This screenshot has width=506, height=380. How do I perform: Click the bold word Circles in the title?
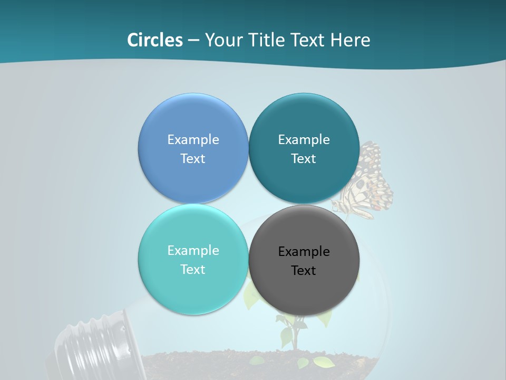tap(155, 40)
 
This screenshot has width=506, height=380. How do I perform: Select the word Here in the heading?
tap(350, 40)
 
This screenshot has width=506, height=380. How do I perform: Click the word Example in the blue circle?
tap(193, 140)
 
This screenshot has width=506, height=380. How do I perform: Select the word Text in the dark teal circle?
tap(304, 159)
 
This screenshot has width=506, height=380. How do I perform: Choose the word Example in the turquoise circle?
tap(193, 251)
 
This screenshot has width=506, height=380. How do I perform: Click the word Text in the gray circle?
tap(304, 271)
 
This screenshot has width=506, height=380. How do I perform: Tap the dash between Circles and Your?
tap(193, 40)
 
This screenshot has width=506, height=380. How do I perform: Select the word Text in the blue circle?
tap(193, 159)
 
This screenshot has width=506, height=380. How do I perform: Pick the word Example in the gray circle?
tap(304, 252)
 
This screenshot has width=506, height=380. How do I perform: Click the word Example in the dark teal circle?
tap(304, 140)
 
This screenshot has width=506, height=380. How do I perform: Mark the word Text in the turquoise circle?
tap(193, 270)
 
